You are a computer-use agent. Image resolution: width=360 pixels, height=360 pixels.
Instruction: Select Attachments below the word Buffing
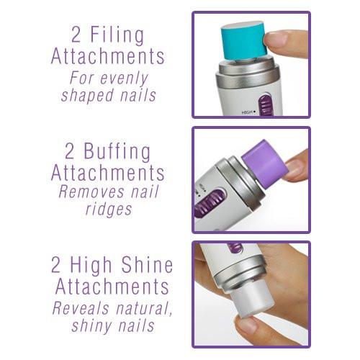coord(107,174)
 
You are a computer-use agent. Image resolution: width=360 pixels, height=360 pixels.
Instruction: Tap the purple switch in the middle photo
coord(210,203)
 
